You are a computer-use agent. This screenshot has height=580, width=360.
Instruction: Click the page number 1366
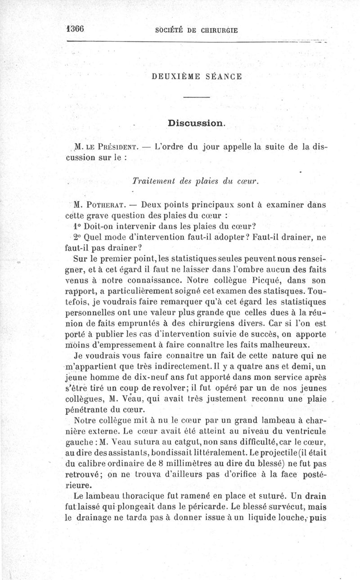pyautogui.click(x=75, y=28)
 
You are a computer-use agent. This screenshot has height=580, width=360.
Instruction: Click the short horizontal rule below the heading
pyautogui.click(x=197, y=98)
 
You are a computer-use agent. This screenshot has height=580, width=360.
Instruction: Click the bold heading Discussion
pyautogui.click(x=196, y=123)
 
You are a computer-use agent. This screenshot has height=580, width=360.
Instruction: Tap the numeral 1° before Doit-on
pyautogui.click(x=76, y=226)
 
